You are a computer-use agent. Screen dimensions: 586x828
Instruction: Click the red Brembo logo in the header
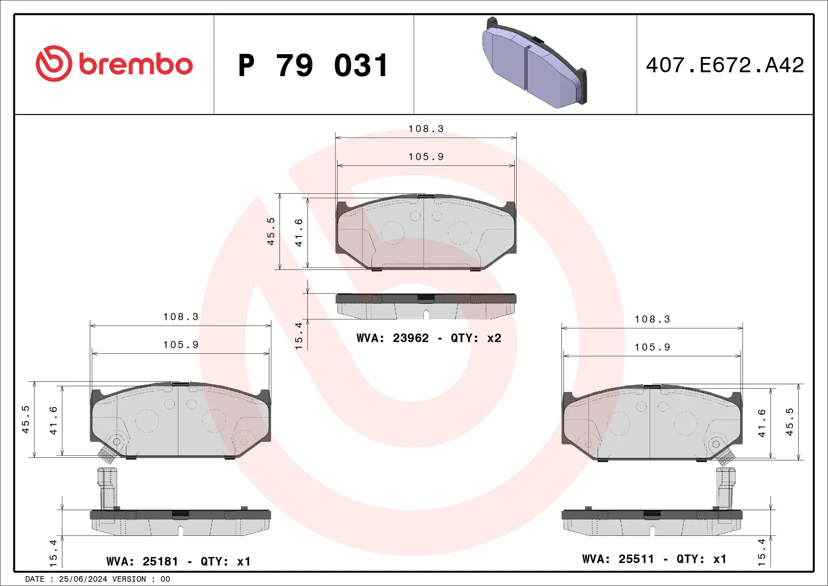[x=114, y=64]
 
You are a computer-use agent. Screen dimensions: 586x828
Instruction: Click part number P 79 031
[x=314, y=66]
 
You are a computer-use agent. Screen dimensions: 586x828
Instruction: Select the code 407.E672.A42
[x=724, y=65]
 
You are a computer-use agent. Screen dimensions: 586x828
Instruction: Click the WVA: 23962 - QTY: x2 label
[x=429, y=338]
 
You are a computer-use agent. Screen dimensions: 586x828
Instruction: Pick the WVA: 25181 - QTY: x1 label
[x=178, y=561]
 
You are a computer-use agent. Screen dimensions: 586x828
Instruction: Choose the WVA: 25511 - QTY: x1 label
[x=654, y=559]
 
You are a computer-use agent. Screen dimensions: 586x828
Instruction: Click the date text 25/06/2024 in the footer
[x=83, y=579]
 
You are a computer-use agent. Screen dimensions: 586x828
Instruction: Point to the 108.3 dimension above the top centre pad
[x=426, y=129]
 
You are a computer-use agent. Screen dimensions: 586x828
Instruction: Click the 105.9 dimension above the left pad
[x=181, y=345]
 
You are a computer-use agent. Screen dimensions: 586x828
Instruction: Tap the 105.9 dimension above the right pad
[x=652, y=347]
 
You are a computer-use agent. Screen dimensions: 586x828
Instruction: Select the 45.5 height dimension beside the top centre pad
[x=271, y=232]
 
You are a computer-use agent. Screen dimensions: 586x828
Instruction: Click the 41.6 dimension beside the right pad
[x=762, y=423]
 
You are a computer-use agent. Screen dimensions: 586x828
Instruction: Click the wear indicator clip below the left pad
[x=107, y=488]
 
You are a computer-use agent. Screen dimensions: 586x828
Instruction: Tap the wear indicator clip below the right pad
[x=725, y=488]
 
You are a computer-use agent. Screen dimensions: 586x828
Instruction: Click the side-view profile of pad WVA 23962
[x=426, y=306]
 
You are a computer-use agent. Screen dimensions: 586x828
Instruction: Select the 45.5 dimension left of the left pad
[x=26, y=419]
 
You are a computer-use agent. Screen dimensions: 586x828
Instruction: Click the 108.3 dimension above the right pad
[x=652, y=319]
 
